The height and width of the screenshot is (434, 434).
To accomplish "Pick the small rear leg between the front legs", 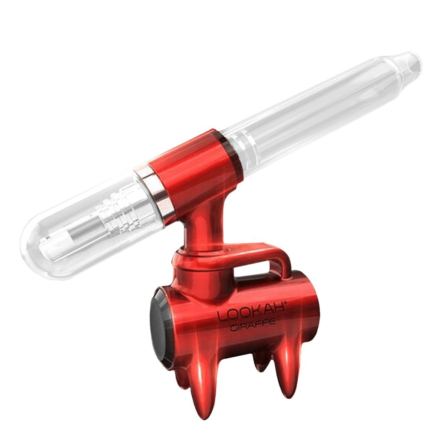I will [260, 360].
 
